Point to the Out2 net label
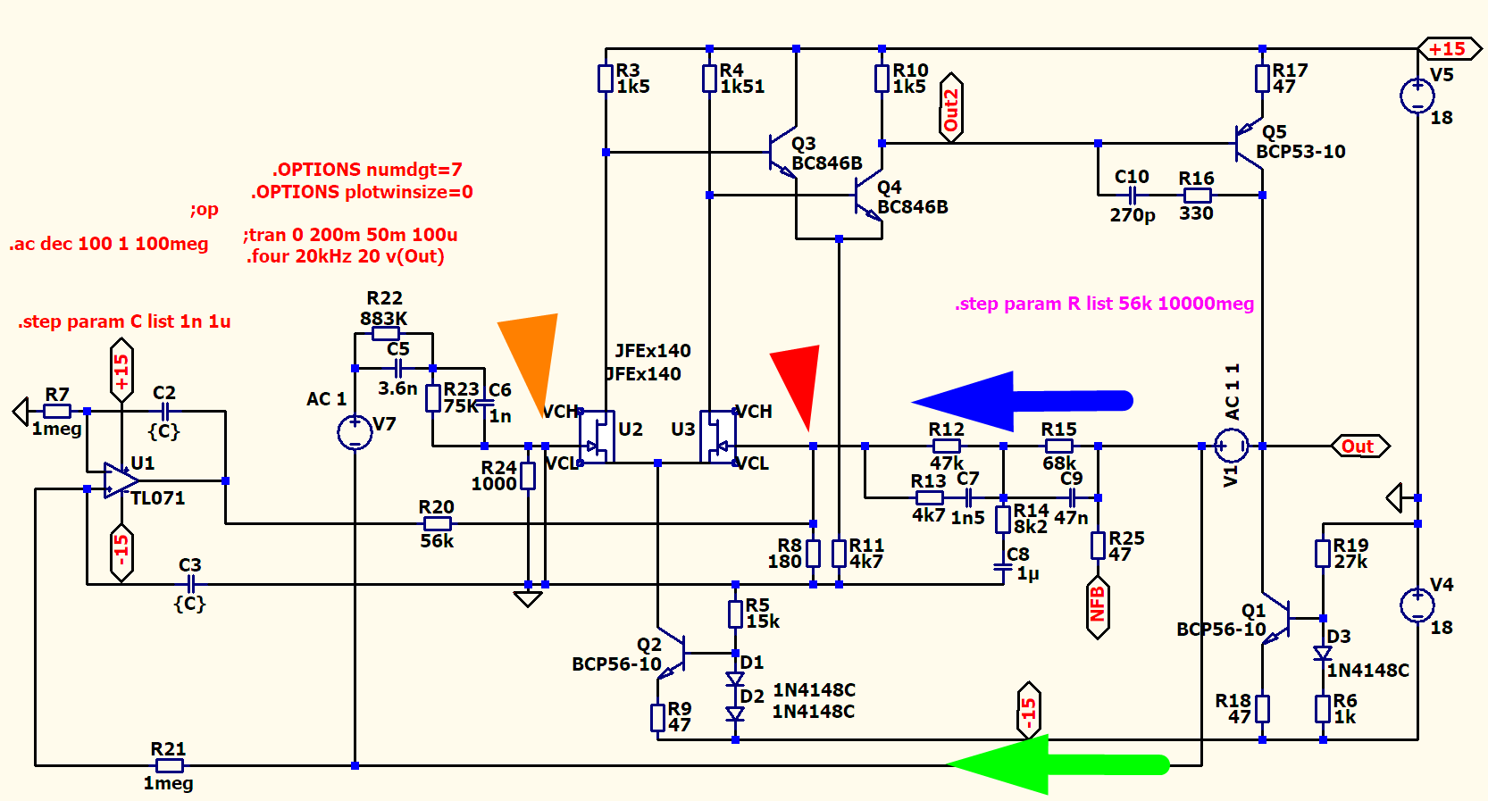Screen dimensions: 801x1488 click(951, 108)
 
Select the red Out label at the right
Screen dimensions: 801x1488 click(1358, 446)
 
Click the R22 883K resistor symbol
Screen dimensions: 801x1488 click(386, 333)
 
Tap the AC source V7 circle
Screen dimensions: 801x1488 click(355, 432)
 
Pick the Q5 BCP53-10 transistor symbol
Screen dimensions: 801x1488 click(1250, 143)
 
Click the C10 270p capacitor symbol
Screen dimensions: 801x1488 click(1132, 195)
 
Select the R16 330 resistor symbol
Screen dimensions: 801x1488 click(1197, 195)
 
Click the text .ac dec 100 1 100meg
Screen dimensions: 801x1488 click(109, 244)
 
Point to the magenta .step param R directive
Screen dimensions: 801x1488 click(1104, 304)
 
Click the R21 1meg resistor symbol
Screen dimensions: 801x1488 click(169, 765)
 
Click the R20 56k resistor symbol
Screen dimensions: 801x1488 click(437, 523)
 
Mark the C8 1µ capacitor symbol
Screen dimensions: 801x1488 click(1003, 566)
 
